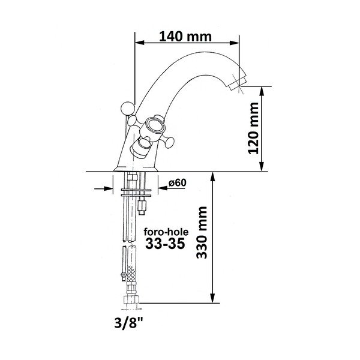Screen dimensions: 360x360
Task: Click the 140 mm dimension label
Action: pyautogui.click(x=185, y=35)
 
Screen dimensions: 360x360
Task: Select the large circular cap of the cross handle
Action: pyautogui.click(x=154, y=127)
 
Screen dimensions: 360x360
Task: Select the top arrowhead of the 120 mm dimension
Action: pyautogui.click(x=262, y=90)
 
